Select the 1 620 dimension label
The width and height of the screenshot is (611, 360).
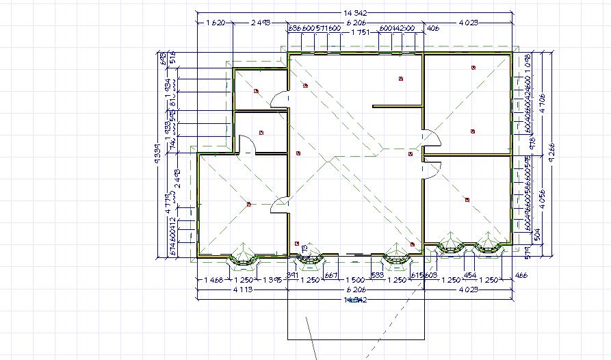[216, 23]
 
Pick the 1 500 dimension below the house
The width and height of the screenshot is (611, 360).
[354, 281]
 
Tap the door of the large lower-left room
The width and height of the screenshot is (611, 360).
[280, 204]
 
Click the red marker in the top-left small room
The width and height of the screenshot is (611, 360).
[256, 90]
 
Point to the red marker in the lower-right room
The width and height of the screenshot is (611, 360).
[467, 200]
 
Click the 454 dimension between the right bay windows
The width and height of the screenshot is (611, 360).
[470, 274]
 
